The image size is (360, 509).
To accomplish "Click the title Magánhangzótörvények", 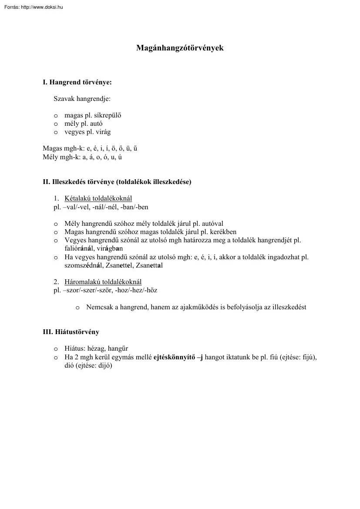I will click(180, 48).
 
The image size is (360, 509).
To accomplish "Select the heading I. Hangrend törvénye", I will click(77, 82).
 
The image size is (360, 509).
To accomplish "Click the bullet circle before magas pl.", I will click(56, 116).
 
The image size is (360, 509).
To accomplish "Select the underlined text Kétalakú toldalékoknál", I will click(98, 199).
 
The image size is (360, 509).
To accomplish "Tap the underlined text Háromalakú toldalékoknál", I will click(103, 282).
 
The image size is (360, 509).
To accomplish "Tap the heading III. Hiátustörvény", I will click(71, 332).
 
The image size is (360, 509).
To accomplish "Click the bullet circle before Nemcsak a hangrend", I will click(77, 308).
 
